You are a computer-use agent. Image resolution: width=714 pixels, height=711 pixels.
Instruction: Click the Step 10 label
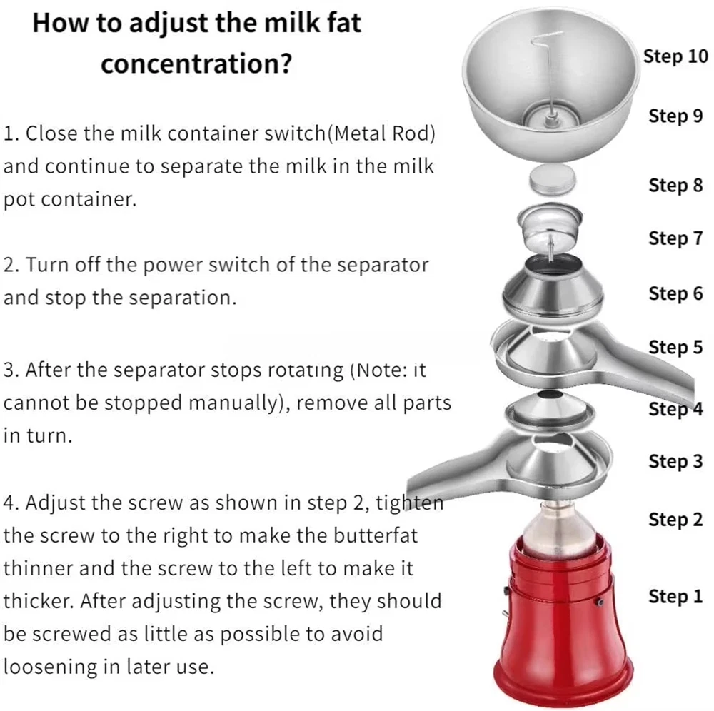675,56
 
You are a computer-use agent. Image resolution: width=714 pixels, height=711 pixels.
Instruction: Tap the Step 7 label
675,238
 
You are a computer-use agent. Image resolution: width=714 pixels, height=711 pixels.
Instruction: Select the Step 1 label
675,596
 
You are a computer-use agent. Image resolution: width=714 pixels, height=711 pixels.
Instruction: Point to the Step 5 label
675,348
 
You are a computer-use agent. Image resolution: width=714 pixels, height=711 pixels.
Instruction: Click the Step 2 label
675,520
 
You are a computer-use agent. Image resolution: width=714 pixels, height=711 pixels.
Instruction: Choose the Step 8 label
675,186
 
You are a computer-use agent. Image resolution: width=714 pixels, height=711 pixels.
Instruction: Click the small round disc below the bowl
553,179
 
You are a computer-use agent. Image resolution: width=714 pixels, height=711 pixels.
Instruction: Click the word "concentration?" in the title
196,64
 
